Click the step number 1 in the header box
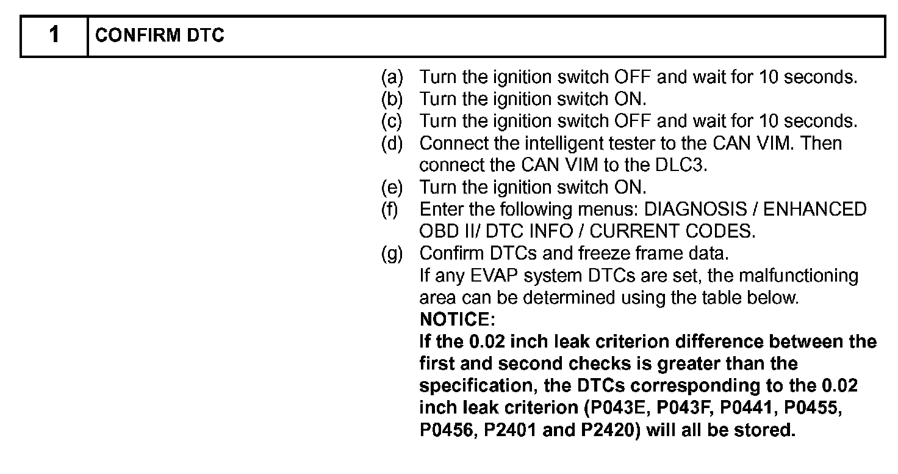54,35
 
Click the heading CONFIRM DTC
160,36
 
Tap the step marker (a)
392,78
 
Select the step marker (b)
392,100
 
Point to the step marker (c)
392,122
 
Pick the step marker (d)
392,144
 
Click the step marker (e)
392,188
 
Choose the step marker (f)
390,210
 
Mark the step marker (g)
392,253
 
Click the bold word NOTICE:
458,319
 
